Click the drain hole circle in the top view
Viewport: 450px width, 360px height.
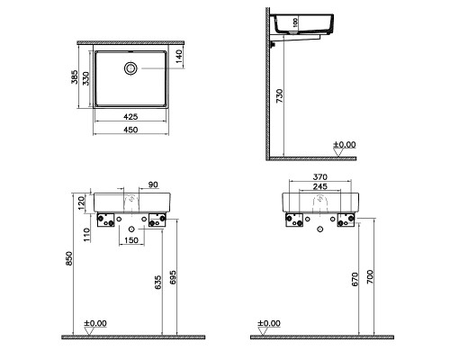131,67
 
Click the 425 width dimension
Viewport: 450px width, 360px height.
131,116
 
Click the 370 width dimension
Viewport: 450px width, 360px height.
320,177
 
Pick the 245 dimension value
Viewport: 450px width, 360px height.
320,188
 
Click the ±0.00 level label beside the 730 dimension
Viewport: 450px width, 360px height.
343,144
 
